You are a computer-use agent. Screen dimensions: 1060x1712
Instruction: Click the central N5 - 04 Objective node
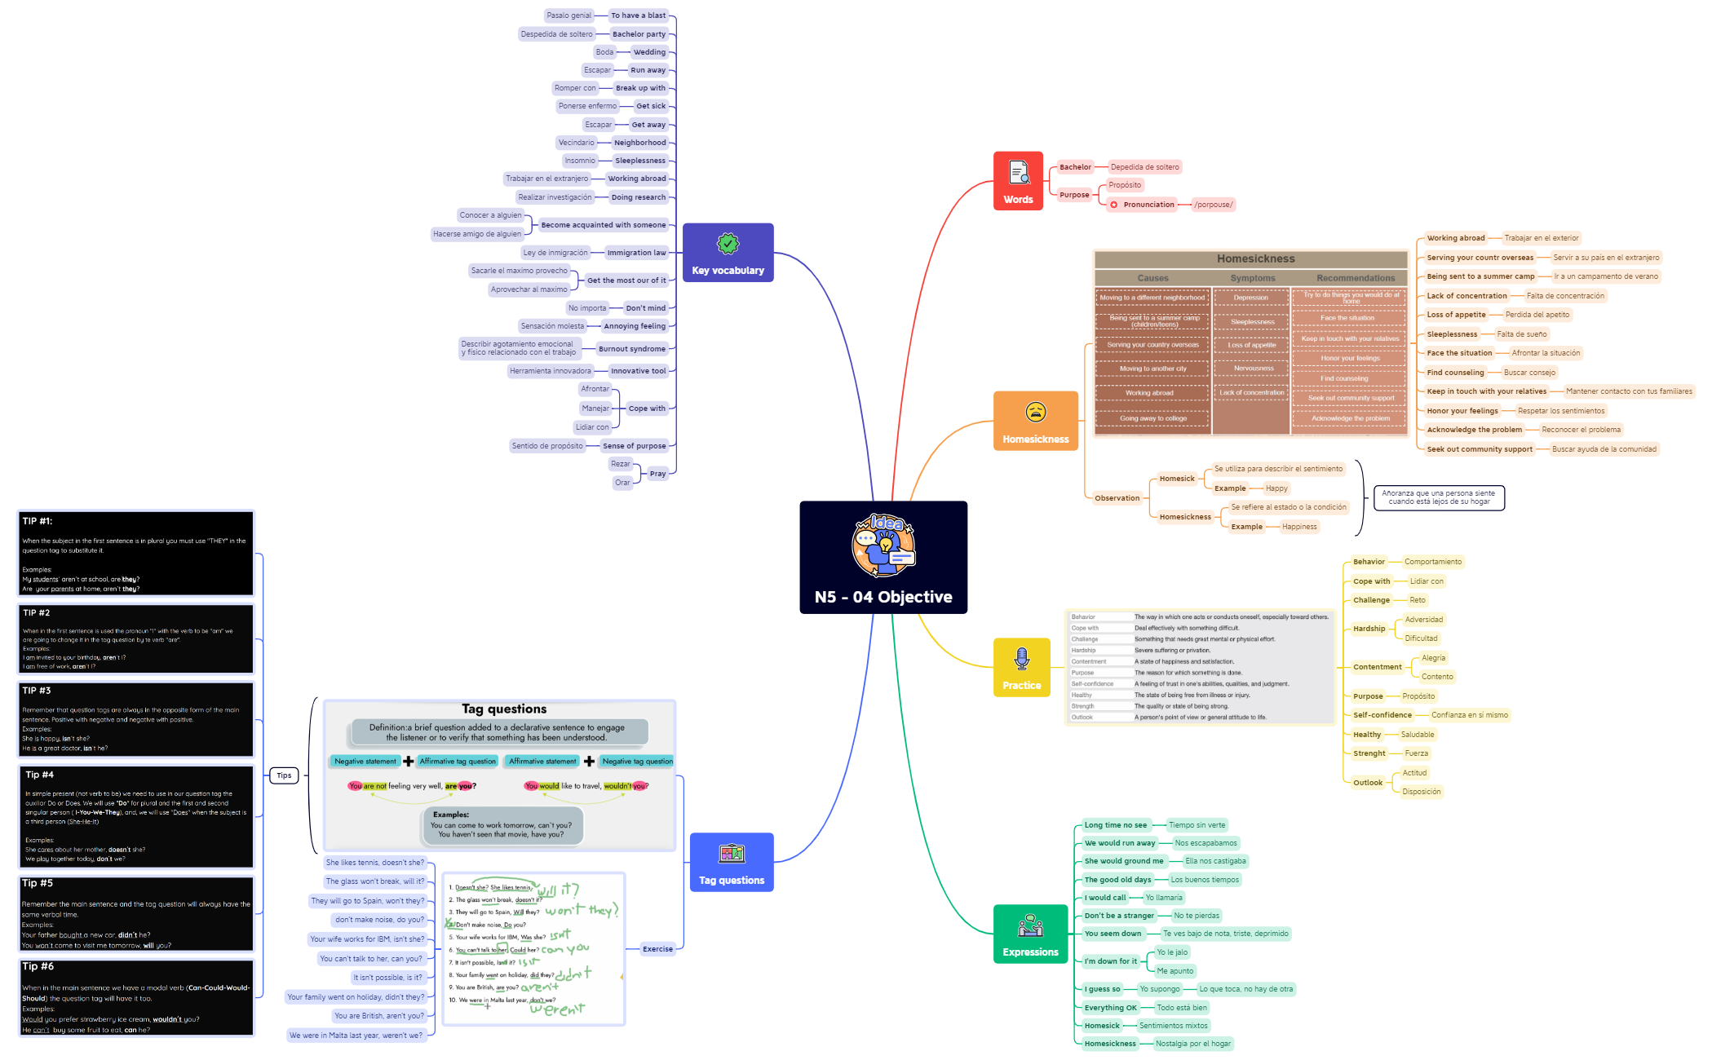(x=883, y=558)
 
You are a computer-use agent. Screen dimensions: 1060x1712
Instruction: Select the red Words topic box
(x=1018, y=181)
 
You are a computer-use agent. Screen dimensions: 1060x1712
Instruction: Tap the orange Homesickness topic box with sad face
(x=1035, y=421)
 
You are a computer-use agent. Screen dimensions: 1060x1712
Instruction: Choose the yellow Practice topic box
(x=1021, y=668)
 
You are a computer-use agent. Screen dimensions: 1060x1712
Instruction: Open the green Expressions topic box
(x=1030, y=934)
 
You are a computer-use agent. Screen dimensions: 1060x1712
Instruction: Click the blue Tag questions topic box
(x=731, y=863)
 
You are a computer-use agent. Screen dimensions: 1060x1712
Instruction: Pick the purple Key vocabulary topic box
(x=728, y=253)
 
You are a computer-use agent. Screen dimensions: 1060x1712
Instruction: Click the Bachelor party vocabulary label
(x=639, y=34)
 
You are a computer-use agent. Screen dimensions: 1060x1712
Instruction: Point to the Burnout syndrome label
(x=632, y=349)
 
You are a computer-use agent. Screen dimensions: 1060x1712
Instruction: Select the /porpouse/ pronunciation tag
(x=1213, y=205)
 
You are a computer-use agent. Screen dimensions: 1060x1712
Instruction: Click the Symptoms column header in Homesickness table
(x=1252, y=278)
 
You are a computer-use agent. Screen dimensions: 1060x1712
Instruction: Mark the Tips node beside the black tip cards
(x=284, y=775)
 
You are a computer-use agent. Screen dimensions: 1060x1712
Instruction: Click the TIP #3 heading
(x=37, y=691)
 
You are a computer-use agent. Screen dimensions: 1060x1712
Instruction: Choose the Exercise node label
(x=657, y=949)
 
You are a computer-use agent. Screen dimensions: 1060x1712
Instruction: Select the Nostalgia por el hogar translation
(x=1192, y=1044)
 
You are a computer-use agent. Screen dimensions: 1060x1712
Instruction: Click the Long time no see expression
(x=1115, y=825)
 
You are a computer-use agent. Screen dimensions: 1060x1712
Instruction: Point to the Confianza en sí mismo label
(x=1469, y=715)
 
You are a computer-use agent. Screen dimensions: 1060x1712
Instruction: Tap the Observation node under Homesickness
(x=1117, y=498)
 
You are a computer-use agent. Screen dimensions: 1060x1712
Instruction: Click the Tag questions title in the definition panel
(x=504, y=709)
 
